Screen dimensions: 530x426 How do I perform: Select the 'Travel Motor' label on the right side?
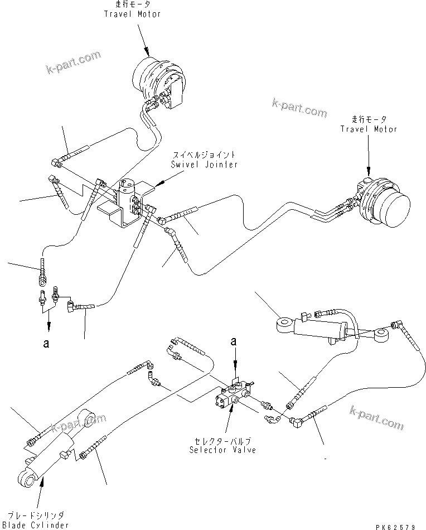pos(369,129)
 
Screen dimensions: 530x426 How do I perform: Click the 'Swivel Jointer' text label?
pos(206,165)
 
